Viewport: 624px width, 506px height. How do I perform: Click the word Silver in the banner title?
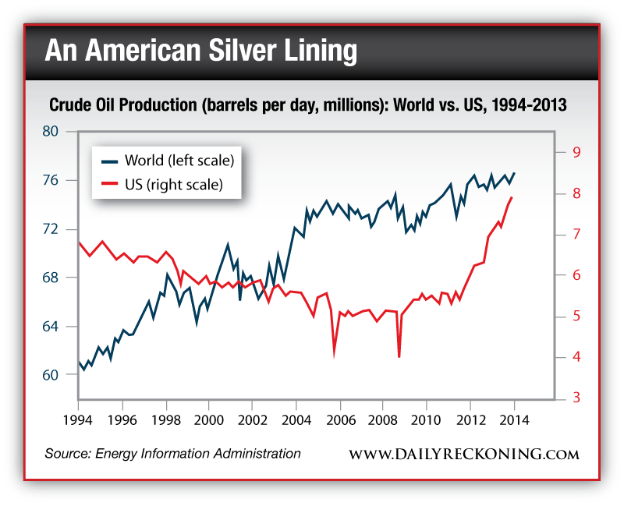click(x=247, y=51)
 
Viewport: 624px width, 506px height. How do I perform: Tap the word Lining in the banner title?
click(x=324, y=51)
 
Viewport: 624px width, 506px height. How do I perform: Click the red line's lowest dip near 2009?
click(x=399, y=356)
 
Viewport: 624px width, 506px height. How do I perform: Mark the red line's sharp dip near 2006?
click(x=335, y=355)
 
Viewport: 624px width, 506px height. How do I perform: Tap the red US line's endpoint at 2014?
click(x=512, y=197)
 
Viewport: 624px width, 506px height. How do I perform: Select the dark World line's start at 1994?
click(x=79, y=362)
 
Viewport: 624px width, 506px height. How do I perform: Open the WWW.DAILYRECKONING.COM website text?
click(x=463, y=454)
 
